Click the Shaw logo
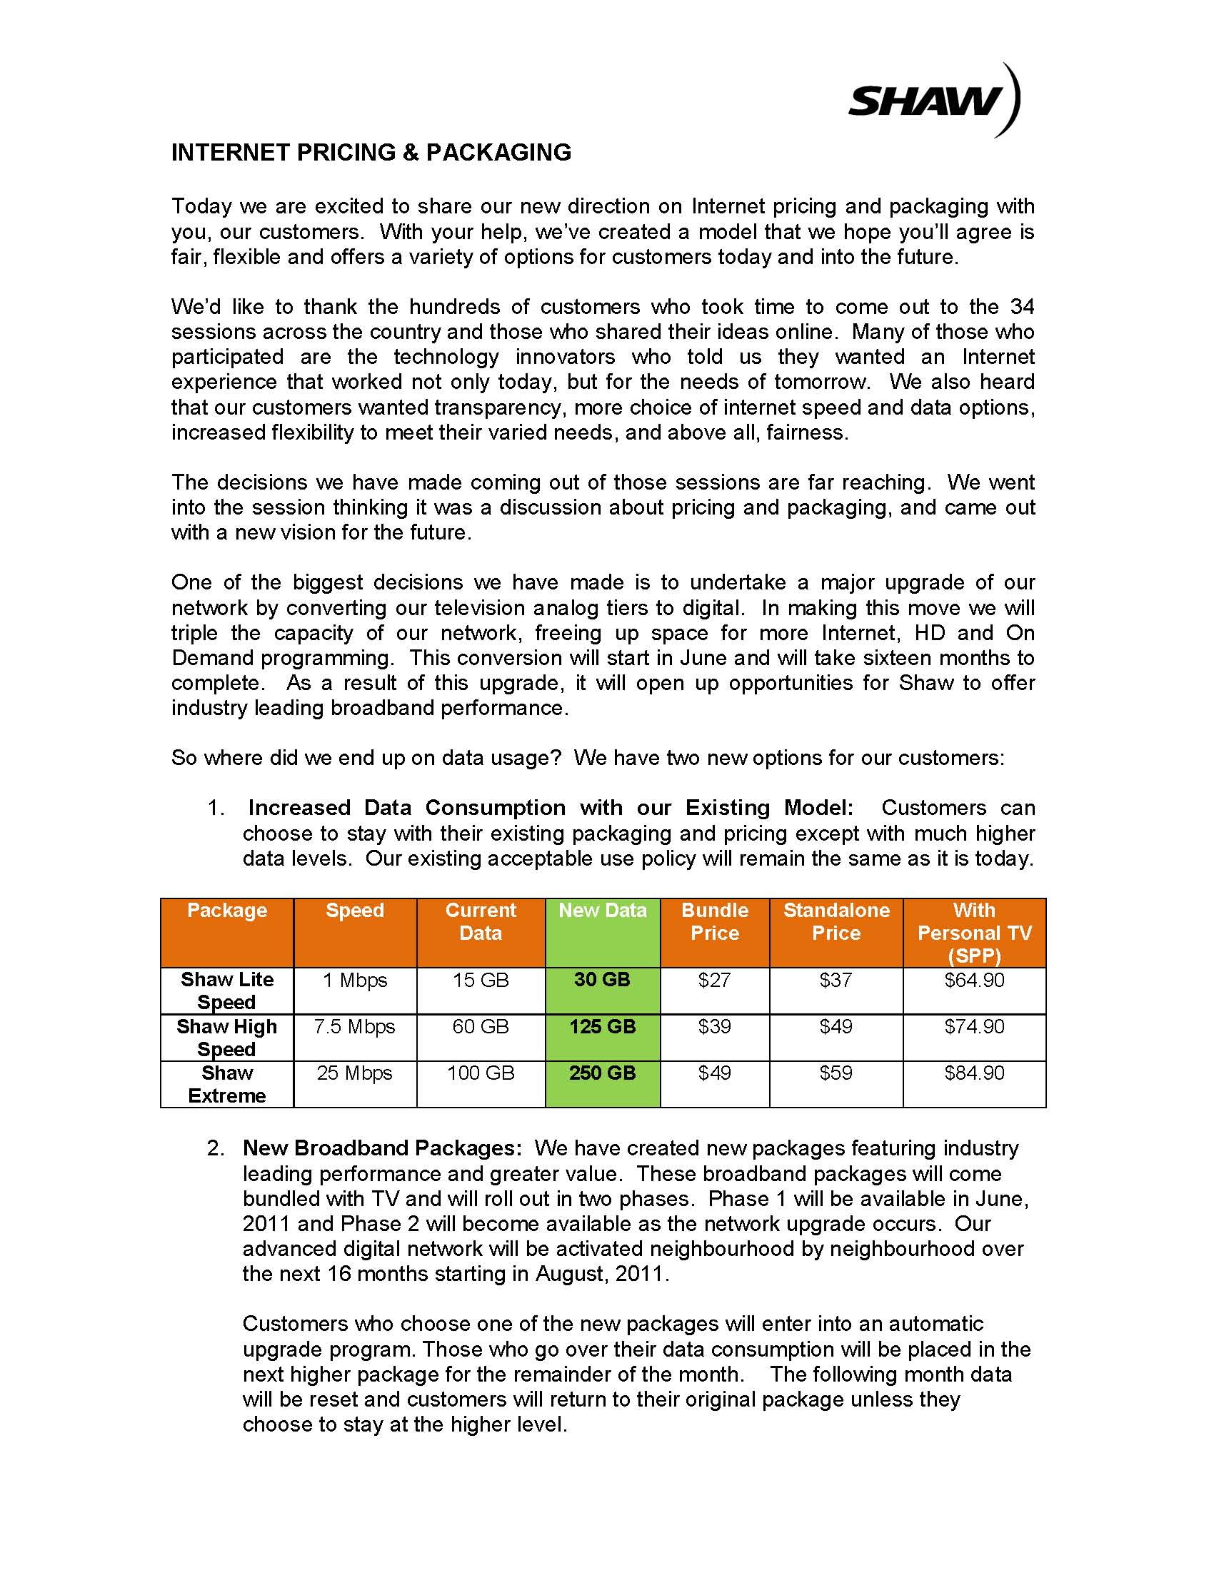[x=933, y=101]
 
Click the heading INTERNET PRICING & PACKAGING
[x=371, y=153]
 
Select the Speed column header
[x=355, y=910]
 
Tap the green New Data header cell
[x=603, y=910]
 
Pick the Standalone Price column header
[x=836, y=921]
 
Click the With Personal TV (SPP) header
[x=974, y=933]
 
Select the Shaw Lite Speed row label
[x=226, y=991]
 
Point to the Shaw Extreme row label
[x=226, y=1084]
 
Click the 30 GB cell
[x=602, y=980]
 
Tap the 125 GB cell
[x=602, y=1026]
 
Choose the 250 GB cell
[x=602, y=1073]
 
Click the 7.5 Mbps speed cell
[x=355, y=1026]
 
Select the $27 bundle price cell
[x=714, y=980]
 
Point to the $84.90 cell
[x=974, y=1073]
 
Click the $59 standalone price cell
[x=836, y=1073]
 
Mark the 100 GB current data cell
[x=481, y=1073]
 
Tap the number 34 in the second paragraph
[x=1022, y=307]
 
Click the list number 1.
[x=216, y=808]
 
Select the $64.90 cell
[x=974, y=980]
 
